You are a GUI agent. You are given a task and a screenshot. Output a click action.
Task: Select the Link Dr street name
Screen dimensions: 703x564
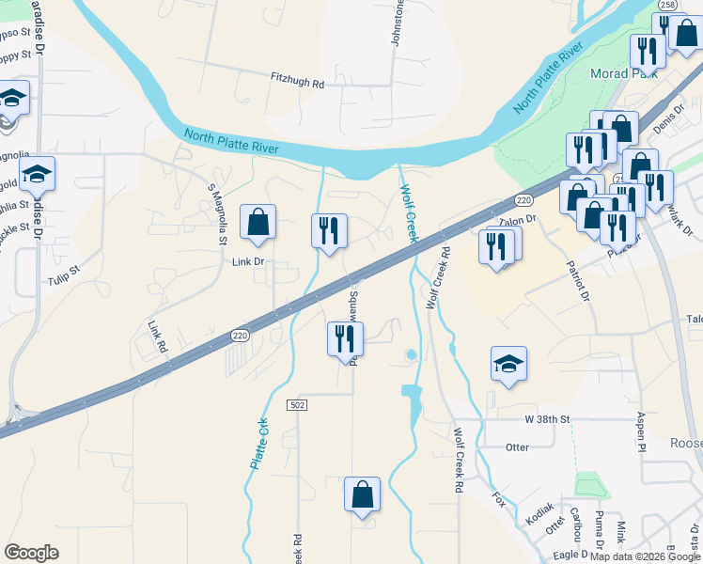coord(247,262)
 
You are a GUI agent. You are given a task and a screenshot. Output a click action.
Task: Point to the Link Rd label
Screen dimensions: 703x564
coord(157,337)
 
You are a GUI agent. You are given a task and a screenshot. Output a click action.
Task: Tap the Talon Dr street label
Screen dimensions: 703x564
coord(517,220)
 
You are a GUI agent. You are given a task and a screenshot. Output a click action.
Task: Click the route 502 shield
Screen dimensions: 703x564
coord(297,403)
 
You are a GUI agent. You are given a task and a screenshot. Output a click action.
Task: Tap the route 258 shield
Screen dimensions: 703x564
coord(665,6)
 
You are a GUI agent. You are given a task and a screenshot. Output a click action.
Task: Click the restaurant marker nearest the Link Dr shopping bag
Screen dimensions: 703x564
coord(329,232)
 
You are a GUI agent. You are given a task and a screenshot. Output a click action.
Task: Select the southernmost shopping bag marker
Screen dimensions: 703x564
coord(362,495)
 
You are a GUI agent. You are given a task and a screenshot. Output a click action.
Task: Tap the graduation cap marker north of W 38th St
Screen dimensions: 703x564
coord(508,365)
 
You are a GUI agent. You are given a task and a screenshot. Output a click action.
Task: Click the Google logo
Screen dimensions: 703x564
coord(32,553)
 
